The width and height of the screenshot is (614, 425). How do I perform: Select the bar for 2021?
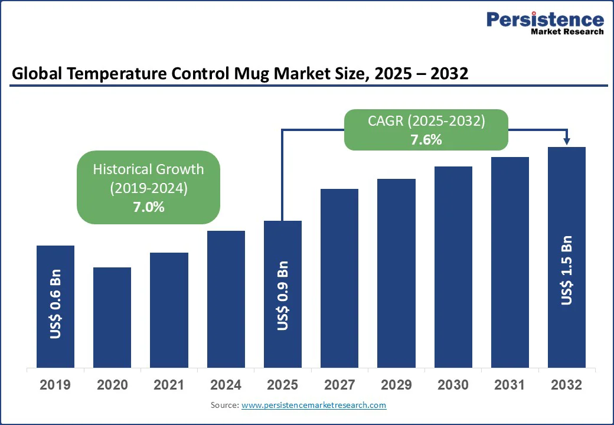coord(169,310)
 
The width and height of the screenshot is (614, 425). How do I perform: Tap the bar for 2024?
coord(226,299)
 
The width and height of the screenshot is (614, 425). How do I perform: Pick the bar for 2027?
coord(339,278)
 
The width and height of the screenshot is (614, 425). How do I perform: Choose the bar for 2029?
coord(396,273)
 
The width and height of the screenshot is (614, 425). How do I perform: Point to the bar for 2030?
coord(453,267)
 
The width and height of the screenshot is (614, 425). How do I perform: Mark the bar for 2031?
coord(510,262)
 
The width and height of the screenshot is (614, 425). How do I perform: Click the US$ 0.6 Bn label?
coord(55,305)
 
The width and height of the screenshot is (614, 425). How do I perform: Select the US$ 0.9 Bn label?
coord(283,295)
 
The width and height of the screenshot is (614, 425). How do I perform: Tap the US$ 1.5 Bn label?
coord(567,270)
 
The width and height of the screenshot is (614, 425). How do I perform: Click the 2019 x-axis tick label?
coord(55,385)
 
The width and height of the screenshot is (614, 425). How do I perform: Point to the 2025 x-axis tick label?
coord(282,385)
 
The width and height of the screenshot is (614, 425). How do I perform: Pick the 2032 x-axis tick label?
coord(567,385)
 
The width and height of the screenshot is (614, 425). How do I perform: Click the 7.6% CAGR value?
coord(426,140)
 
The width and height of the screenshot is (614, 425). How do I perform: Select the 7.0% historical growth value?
coord(148,207)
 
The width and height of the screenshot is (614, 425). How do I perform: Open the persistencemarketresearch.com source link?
coord(313,405)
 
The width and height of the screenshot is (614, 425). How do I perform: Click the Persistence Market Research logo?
coord(544,23)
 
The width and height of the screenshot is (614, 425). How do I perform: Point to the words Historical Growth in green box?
coord(148,169)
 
